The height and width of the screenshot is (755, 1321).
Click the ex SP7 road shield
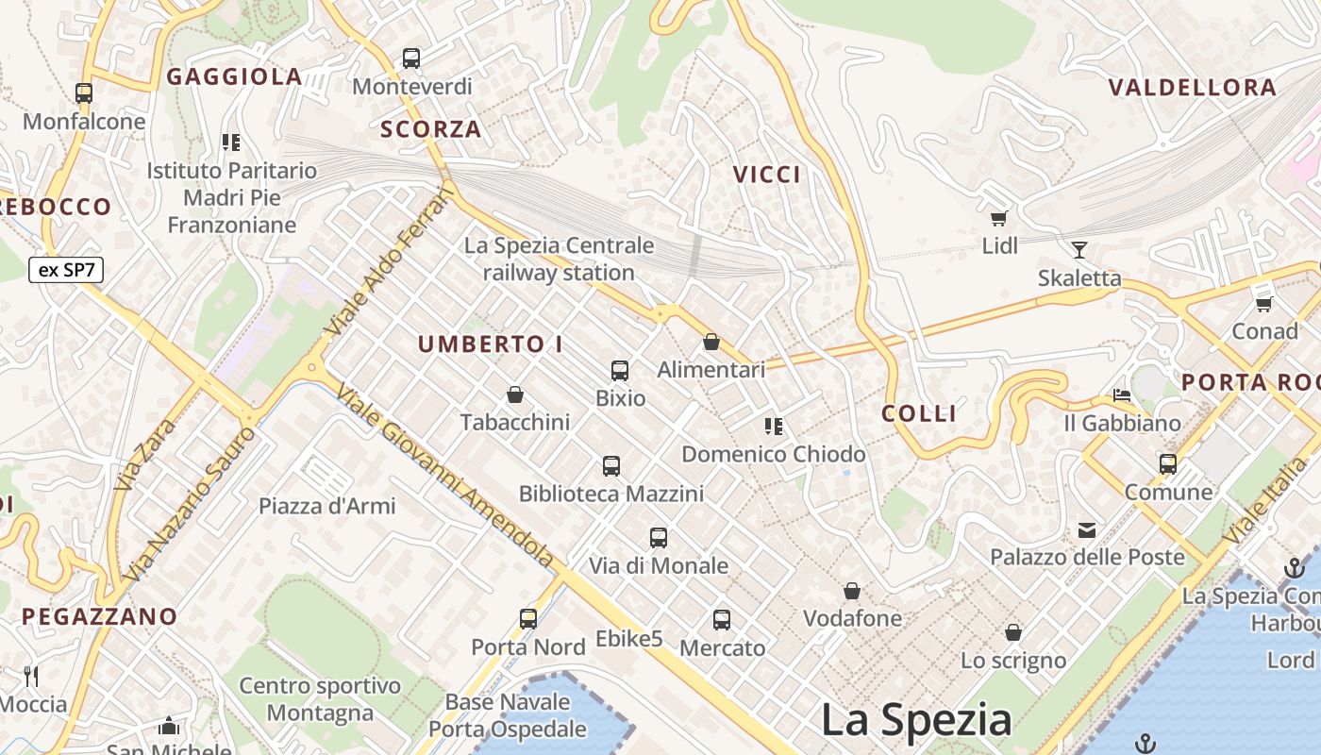click(66, 270)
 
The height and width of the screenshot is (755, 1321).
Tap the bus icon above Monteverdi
click(411, 59)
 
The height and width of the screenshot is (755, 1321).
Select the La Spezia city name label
click(916, 720)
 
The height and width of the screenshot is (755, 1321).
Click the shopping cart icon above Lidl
click(998, 219)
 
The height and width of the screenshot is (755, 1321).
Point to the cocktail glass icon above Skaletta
click(1079, 250)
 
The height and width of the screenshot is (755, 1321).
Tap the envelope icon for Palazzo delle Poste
click(1087, 529)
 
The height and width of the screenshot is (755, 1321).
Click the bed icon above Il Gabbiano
click(1122, 395)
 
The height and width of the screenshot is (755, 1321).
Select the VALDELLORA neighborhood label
click(1192, 88)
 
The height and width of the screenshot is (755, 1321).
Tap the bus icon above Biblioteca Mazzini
click(611, 465)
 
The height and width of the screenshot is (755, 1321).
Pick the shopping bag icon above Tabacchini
click(515, 394)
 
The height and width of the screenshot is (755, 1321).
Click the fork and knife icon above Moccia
click(31, 676)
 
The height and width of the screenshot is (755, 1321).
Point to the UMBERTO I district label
click(490, 344)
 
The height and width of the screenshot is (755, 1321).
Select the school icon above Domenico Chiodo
click(774, 427)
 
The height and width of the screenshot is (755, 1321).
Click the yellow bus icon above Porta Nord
click(528, 619)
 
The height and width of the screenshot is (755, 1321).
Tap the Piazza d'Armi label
click(327, 506)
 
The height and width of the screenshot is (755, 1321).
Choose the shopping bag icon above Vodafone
click(852, 591)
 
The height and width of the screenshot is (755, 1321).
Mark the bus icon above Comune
click(1168, 464)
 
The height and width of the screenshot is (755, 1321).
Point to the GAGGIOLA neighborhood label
click(235, 76)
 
